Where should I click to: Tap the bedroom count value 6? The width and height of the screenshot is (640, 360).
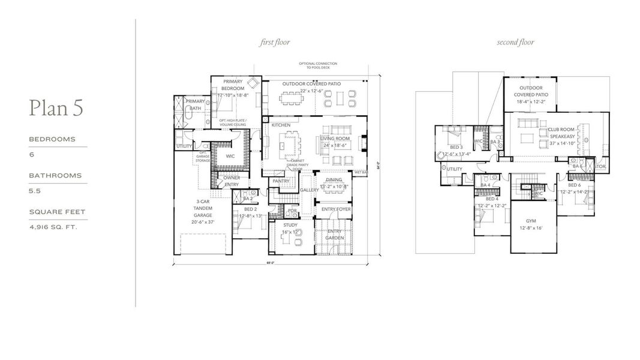click(32, 155)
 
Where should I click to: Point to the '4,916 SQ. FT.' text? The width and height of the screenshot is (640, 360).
click(53, 227)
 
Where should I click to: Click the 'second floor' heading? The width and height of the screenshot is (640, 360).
click(515, 43)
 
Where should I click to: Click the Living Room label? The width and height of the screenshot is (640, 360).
click(335, 139)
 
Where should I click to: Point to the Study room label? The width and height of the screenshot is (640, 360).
click(291, 225)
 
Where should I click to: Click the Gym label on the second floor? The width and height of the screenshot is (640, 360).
click(531, 221)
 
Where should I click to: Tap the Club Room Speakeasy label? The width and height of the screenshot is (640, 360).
click(561, 133)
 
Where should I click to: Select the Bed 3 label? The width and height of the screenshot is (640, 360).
click(456, 147)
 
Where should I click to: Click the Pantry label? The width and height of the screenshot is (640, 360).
click(281, 181)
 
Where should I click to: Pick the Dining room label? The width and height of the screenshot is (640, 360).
click(334, 180)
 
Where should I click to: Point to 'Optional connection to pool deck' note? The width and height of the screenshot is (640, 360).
click(318, 65)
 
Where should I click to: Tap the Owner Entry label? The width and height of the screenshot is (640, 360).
click(232, 181)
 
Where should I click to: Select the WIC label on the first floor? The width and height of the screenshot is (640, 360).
click(230, 156)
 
